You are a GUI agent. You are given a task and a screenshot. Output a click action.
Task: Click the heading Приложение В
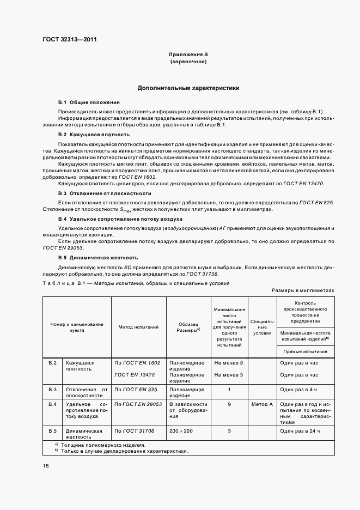coord(188,55)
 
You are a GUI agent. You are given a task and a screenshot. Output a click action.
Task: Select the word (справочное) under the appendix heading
coord(188,62)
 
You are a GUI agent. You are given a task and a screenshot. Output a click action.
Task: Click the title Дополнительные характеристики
coord(188,88)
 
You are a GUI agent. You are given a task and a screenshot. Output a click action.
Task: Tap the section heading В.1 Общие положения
coord(89,102)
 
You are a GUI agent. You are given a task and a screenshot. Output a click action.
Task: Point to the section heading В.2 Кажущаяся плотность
coord(94,134)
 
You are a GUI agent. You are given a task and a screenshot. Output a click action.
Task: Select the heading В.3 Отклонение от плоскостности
coord(105,193)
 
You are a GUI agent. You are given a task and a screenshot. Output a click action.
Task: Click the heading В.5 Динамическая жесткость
coord(98,257)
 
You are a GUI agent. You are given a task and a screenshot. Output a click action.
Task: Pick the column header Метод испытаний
coord(138,327)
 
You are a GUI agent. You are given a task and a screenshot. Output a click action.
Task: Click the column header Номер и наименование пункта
coord(77,327)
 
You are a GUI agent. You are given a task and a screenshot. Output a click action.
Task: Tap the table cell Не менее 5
coord(229,363)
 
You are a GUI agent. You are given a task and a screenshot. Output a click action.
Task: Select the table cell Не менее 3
coord(229,375)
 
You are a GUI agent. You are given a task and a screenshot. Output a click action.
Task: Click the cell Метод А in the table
coord(262,404)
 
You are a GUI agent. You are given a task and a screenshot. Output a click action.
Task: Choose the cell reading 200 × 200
coord(180,431)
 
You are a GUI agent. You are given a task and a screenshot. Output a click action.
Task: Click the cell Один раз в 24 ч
coord(300,431)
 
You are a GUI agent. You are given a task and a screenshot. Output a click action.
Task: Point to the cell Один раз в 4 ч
coord(298,390)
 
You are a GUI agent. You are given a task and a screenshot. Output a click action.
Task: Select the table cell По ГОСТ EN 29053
coord(138,404)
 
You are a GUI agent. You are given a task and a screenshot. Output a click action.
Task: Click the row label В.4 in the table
coord(52,404)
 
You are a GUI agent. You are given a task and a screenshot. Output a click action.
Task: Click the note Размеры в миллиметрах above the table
coord(303,291)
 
